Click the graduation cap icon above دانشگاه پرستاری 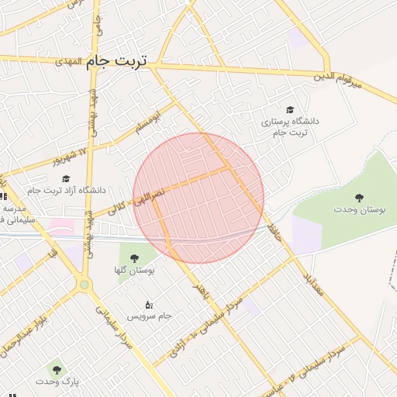click(290, 110)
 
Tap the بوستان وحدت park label click(357, 209)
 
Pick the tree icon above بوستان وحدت click(358, 197)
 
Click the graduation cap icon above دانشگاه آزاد click(66, 178)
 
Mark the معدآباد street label click(312, 284)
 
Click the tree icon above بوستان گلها click(134, 258)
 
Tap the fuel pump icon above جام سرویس click(149, 305)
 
